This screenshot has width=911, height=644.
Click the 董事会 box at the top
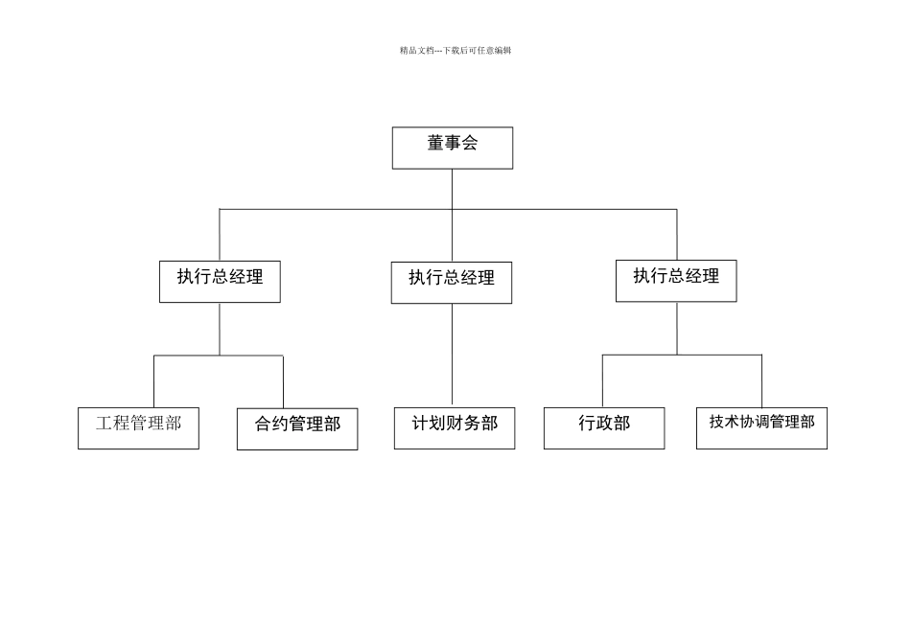point(453,148)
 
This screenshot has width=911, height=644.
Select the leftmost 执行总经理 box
point(220,281)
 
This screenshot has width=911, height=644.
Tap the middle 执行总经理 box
point(452,282)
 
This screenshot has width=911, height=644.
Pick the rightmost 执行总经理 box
point(676,280)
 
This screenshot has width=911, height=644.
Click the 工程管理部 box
point(138,427)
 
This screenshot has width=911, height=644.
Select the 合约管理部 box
point(297,428)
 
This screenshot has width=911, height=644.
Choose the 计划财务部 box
point(455,427)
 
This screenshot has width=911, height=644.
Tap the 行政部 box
point(604,427)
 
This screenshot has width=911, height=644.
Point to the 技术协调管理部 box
point(761,427)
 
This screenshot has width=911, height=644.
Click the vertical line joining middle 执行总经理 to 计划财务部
point(452,355)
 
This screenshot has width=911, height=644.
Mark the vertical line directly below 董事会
point(452,189)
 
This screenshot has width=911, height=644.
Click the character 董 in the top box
point(435,144)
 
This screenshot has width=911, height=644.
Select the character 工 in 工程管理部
point(105,422)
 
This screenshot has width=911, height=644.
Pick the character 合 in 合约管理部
point(264,423)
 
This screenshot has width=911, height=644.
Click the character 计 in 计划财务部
point(420,423)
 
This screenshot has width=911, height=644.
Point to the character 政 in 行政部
point(604,423)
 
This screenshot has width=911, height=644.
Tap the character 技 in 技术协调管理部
point(717,421)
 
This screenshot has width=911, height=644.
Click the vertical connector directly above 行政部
point(602,380)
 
